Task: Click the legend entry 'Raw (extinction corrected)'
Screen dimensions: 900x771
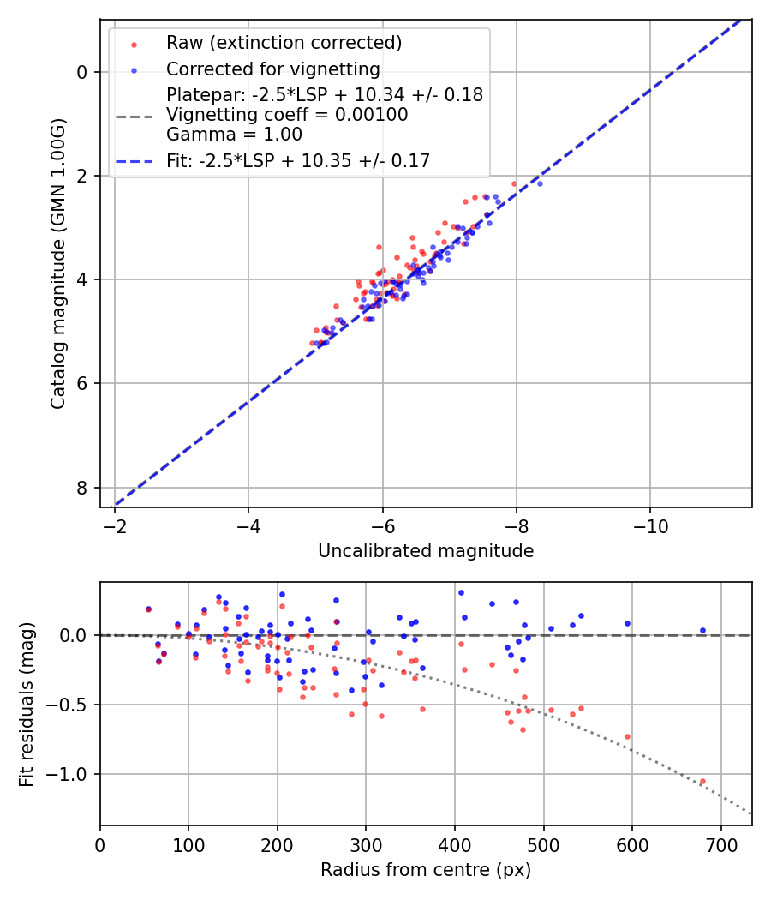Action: pos(284,43)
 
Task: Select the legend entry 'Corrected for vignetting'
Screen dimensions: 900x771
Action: pos(273,69)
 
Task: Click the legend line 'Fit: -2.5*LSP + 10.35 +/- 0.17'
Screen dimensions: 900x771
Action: pos(298,160)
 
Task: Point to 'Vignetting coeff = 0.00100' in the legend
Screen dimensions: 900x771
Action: pos(287,115)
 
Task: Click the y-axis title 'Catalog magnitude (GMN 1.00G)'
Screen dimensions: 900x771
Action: pos(57,263)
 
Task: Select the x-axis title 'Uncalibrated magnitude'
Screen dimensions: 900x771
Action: pos(426,551)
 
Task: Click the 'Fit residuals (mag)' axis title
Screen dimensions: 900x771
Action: pos(27,704)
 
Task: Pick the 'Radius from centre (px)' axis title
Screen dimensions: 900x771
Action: pos(426,870)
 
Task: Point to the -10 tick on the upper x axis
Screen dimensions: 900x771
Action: pos(649,522)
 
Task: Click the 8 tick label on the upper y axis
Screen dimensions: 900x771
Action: pos(82,488)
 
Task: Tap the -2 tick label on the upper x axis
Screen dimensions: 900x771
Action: pos(115,522)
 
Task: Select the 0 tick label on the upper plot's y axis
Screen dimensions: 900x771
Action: pos(82,72)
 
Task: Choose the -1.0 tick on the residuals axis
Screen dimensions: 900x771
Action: pos(70,774)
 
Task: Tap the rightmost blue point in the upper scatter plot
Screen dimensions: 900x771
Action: pos(539,183)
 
